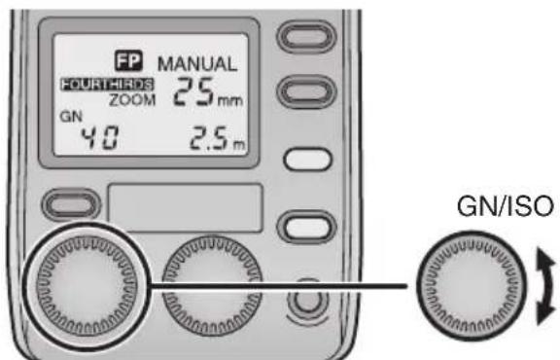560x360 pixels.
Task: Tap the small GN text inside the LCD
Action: coord(70,113)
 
